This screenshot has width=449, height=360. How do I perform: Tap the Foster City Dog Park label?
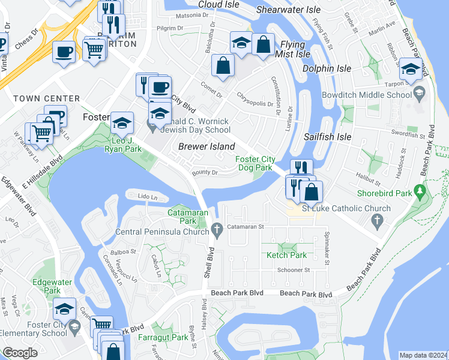coord(255,163)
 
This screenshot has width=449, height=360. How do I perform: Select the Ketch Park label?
coord(287,255)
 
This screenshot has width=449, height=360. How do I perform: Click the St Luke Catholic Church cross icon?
coord(378,223)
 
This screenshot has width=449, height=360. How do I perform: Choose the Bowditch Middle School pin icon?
coord(419,94)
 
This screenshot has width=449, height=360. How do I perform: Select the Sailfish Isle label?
coord(327,137)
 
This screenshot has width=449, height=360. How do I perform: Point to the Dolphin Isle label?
coord(326,68)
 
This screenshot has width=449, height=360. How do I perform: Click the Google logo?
coord(20,353)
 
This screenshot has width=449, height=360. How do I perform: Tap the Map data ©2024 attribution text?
coord(423,355)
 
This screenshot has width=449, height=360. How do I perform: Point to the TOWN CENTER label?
coord(46,98)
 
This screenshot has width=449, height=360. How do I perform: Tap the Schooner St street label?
coord(294,270)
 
